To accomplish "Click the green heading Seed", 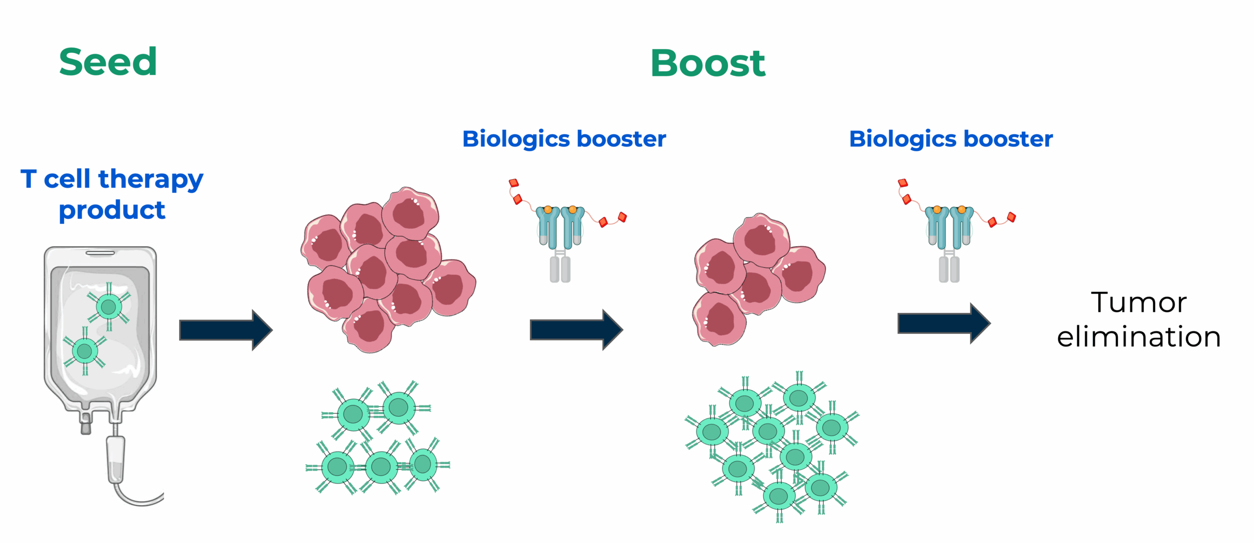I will (108, 62).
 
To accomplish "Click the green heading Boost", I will (707, 64).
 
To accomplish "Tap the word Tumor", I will (1138, 302).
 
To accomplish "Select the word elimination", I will (1138, 337).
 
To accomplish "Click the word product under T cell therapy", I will (112, 211).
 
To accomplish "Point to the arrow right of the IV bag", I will (225, 330).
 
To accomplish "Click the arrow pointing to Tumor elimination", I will (943, 323).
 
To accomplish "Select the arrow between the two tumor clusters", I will (576, 330).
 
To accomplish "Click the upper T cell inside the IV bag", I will (108, 307).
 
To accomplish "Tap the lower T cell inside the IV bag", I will (85, 351).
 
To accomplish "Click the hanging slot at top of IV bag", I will (100, 253).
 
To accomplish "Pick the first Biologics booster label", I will (564, 139).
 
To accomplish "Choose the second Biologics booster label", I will (951, 139).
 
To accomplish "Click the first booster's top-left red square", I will (513, 183).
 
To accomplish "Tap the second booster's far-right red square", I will (1012, 217).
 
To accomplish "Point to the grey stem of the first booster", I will (560, 269).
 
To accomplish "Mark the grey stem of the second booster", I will (949, 269).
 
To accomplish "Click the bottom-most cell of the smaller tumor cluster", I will (719, 320).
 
